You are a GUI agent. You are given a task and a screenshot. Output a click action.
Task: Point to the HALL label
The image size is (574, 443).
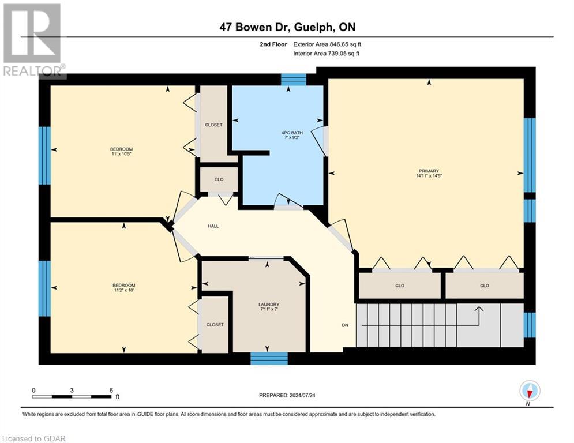(213, 227)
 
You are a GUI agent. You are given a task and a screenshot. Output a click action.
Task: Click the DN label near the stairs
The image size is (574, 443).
(345, 325)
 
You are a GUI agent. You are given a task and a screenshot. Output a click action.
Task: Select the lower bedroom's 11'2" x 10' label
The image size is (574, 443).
(123, 288)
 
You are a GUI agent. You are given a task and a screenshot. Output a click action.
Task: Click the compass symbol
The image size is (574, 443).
(529, 391)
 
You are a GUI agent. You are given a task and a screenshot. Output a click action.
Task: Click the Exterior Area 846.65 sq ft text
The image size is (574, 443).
(327, 44)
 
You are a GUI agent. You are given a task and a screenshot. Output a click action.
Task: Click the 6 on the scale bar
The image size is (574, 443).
(110, 390)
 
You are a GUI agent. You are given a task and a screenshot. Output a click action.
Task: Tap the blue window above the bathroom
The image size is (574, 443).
(294, 79)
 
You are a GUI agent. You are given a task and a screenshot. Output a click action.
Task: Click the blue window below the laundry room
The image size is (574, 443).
(269, 358)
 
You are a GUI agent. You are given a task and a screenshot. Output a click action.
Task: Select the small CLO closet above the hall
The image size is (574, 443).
(219, 179)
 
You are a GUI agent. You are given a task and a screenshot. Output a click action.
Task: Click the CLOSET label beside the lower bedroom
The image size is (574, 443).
(215, 325)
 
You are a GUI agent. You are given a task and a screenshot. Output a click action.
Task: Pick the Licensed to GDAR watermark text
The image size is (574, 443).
(33, 438)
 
